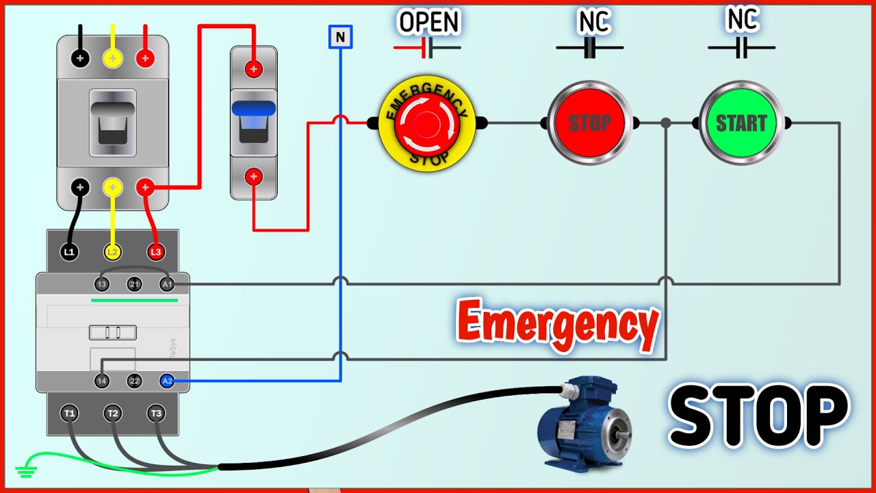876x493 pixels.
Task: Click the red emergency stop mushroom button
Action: click(428, 124)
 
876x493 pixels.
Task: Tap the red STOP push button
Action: click(589, 124)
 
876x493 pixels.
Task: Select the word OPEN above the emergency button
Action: click(429, 22)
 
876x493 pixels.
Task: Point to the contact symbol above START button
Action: click(742, 48)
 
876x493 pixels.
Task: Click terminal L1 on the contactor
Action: click(69, 252)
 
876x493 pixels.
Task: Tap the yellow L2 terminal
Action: click(113, 252)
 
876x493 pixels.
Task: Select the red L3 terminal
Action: click(156, 252)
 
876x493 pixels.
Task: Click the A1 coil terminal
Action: click(166, 283)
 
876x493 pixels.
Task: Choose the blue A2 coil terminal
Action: click(166, 381)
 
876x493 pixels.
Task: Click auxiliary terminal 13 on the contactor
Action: click(102, 283)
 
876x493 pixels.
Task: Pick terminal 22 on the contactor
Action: click(134, 381)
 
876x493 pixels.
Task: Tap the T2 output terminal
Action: click(113, 413)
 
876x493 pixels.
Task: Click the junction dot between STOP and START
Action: click(666, 123)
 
